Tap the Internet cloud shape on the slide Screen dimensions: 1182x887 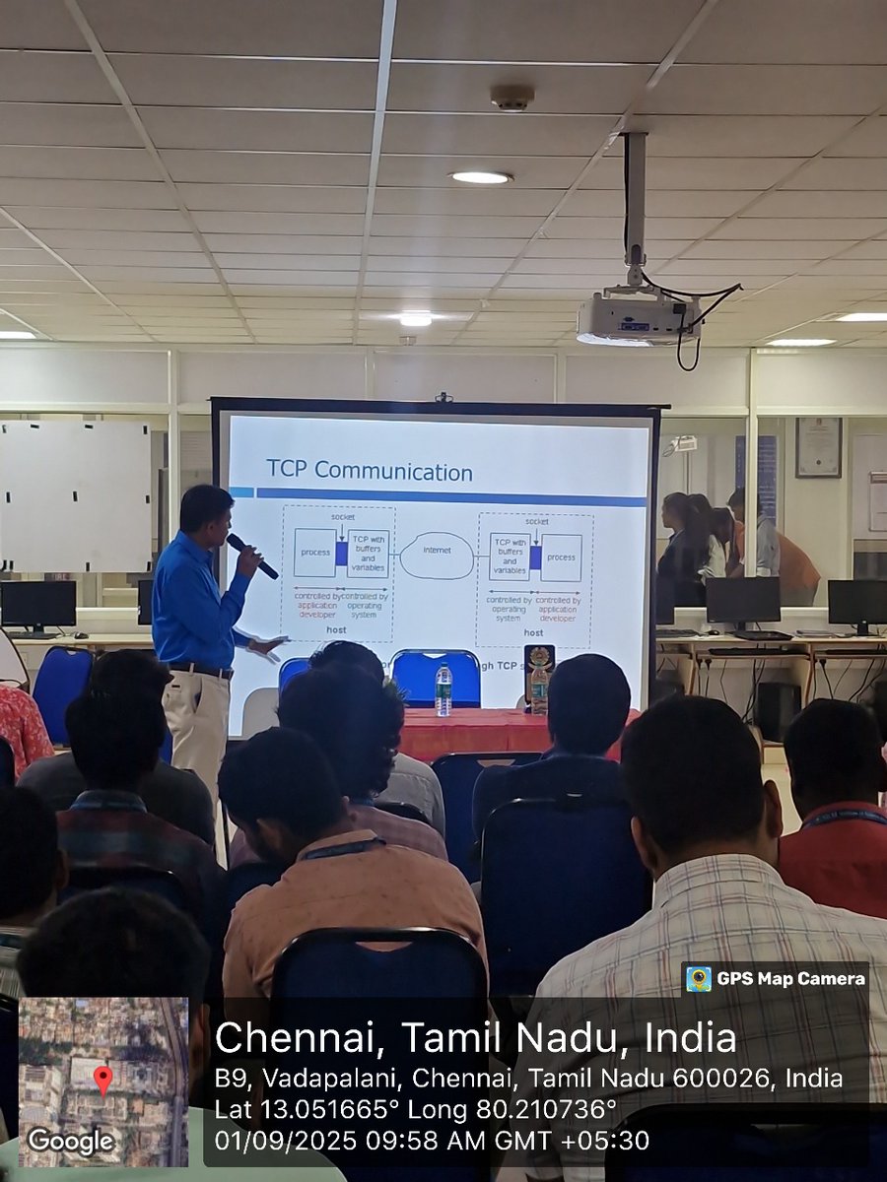[x=437, y=555]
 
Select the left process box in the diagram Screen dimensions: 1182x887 [x=314, y=553]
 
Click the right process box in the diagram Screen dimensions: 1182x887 [x=561, y=557]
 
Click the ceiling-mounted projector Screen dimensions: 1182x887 [x=638, y=316]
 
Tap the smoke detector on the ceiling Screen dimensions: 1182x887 [x=512, y=97]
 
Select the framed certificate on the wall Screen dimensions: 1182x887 [x=818, y=447]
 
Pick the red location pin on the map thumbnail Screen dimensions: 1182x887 [x=103, y=1080]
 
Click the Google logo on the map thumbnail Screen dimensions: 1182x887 [x=71, y=1141]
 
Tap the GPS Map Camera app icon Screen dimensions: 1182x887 [x=699, y=978]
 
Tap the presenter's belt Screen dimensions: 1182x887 [x=200, y=670]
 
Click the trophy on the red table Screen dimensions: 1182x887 [x=539, y=678]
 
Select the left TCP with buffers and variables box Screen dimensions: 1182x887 [x=368, y=554]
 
